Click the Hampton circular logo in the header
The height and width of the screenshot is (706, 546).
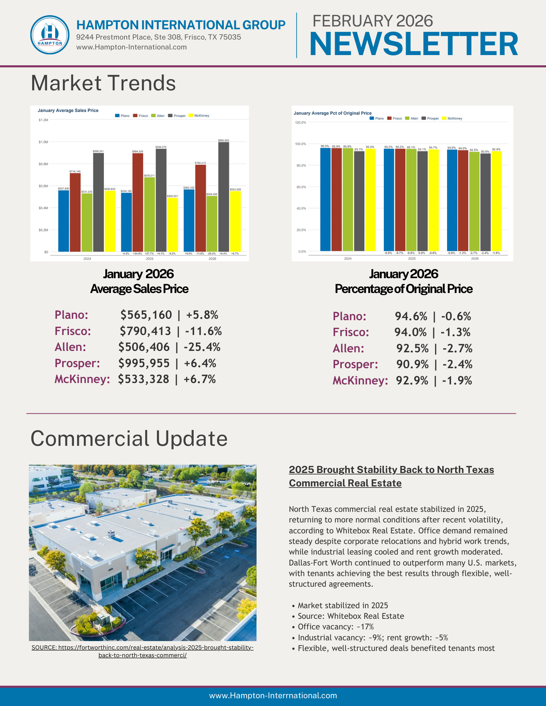(50, 35)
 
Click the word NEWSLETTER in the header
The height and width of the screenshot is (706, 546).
(413, 44)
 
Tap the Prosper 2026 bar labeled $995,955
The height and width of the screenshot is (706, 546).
(223, 197)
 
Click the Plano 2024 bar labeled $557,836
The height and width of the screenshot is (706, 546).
(64, 221)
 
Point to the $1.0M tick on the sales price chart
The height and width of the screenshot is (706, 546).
(43, 142)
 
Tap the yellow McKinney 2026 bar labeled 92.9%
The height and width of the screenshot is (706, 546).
(496, 201)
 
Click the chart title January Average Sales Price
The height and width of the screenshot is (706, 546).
(68, 110)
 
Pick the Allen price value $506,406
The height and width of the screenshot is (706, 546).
(144, 347)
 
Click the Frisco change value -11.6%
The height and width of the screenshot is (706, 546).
(204, 331)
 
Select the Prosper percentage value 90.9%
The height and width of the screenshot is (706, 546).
(412, 364)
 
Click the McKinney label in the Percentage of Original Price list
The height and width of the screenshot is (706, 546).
(360, 381)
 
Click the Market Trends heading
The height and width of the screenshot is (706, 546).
(103, 83)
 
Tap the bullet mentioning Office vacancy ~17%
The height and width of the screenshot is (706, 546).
(335, 627)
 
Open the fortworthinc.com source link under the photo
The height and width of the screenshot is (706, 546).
(142, 651)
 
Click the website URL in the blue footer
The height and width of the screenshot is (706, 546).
(273, 695)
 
